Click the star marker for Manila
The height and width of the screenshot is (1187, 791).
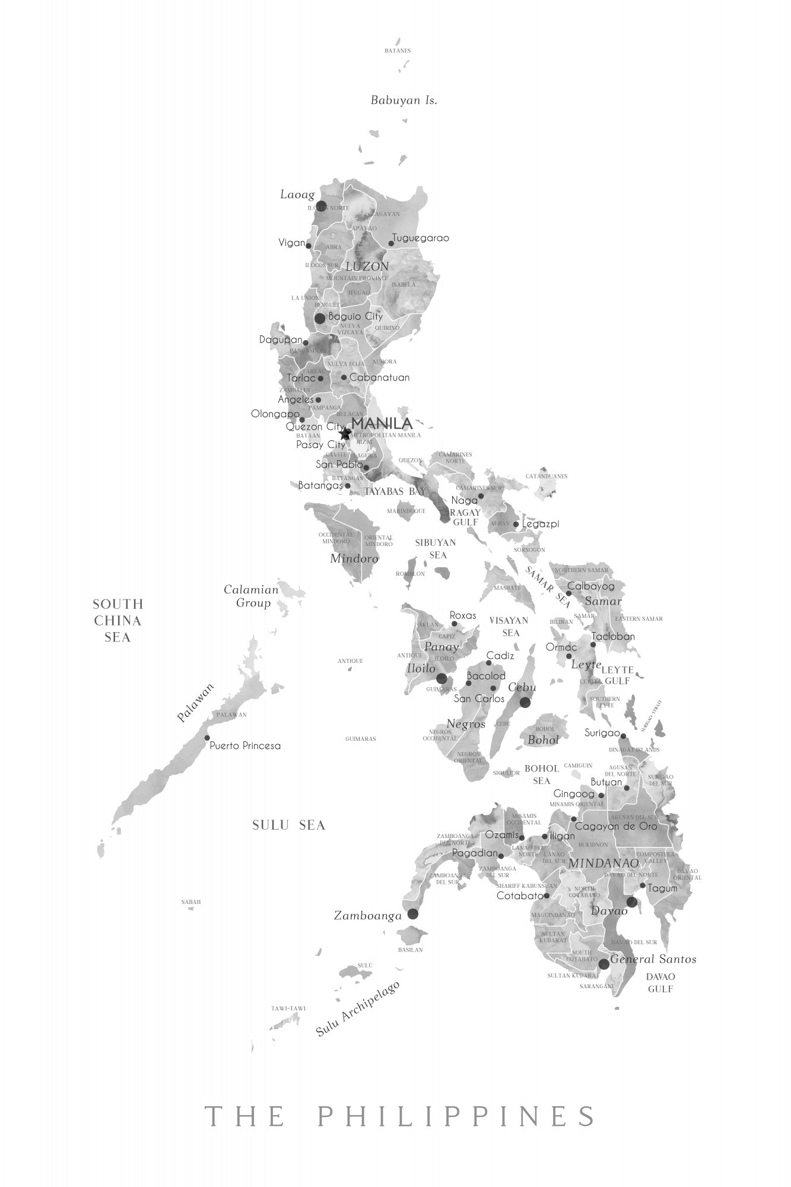[x=345, y=434]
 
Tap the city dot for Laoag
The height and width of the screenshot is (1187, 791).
[x=321, y=206]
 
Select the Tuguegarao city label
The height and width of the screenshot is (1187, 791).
[x=420, y=238]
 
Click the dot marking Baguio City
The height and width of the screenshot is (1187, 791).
[x=320, y=318]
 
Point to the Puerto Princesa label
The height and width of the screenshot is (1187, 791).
[x=245, y=745]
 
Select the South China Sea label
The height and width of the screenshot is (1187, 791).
[x=118, y=621]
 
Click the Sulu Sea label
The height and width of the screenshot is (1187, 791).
[x=289, y=825]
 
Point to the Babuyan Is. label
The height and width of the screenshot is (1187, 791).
[x=404, y=100]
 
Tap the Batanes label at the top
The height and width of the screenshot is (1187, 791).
[x=398, y=51]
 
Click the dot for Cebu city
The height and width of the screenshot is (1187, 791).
[x=525, y=702]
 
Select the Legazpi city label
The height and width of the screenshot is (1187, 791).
[x=541, y=524]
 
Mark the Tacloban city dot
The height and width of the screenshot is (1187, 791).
[x=593, y=645]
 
